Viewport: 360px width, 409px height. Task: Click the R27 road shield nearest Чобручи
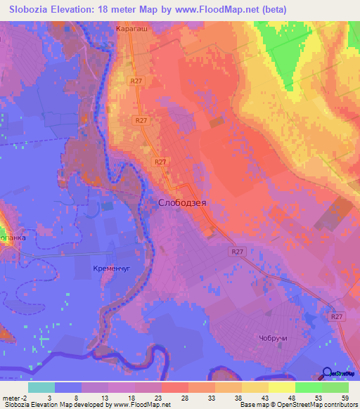pos(338,317)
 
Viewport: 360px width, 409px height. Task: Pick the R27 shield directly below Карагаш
pos(136,82)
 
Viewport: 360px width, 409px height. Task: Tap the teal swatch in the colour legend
pos(41,387)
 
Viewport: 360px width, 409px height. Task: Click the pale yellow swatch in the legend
pos(282,387)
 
